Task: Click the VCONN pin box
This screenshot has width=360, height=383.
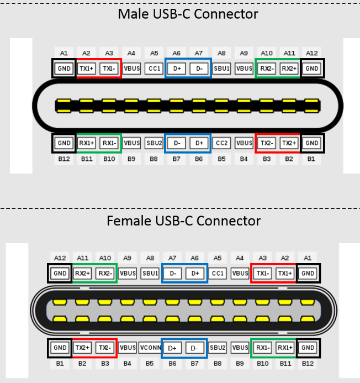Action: [150, 348]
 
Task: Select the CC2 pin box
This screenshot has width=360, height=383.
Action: [221, 143]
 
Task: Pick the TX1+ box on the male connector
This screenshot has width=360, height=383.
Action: [87, 68]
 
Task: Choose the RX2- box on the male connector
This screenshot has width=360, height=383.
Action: [267, 68]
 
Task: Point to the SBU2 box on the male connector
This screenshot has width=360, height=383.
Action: [155, 143]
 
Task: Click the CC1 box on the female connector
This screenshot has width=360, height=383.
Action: [218, 273]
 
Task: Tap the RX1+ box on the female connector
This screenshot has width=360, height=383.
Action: [285, 348]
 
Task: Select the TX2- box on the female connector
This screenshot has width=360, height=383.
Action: [105, 348]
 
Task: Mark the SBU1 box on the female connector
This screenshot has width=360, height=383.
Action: [150, 273]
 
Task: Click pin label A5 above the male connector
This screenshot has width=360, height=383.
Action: [155, 54]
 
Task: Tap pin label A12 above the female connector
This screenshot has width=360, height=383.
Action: [60, 258]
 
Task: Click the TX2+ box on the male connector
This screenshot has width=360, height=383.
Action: [289, 143]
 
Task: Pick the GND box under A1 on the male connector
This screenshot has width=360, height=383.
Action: [64, 68]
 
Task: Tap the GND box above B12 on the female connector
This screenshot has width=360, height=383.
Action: [308, 348]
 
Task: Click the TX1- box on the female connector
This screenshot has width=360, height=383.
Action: [263, 273]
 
